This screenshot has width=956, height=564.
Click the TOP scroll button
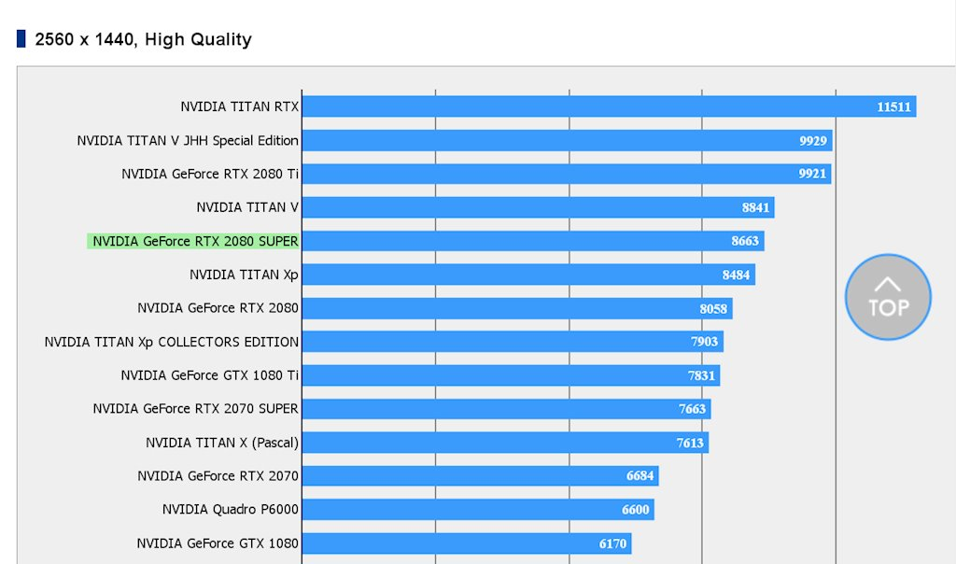coord(888,298)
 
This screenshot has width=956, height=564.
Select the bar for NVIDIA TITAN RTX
coord(607,106)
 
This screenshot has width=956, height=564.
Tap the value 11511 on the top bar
coord(893,106)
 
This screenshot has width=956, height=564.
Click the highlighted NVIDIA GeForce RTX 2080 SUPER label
coord(194,241)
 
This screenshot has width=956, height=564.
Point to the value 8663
coord(745,241)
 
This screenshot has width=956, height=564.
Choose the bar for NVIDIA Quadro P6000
coord(476,510)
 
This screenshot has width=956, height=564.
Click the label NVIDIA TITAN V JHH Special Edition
coord(188,140)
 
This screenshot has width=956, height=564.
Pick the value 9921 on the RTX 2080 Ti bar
coord(812,174)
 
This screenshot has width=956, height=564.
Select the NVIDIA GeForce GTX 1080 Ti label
coord(209,375)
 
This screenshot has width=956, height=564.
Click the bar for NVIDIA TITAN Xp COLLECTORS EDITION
coord(512,342)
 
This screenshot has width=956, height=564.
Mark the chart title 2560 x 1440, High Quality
coord(143,39)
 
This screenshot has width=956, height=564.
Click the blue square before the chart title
coord(21,38)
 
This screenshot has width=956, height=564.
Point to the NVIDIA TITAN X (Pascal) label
coord(222,443)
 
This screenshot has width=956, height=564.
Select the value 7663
coord(692,409)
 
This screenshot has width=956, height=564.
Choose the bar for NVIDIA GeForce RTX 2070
coord(478,476)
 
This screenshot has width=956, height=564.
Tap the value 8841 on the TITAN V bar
coord(755,207)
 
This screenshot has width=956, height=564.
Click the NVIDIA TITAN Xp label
coord(244,275)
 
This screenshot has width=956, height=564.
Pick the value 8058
coord(713,308)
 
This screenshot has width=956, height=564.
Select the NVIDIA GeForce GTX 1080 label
coord(218,543)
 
